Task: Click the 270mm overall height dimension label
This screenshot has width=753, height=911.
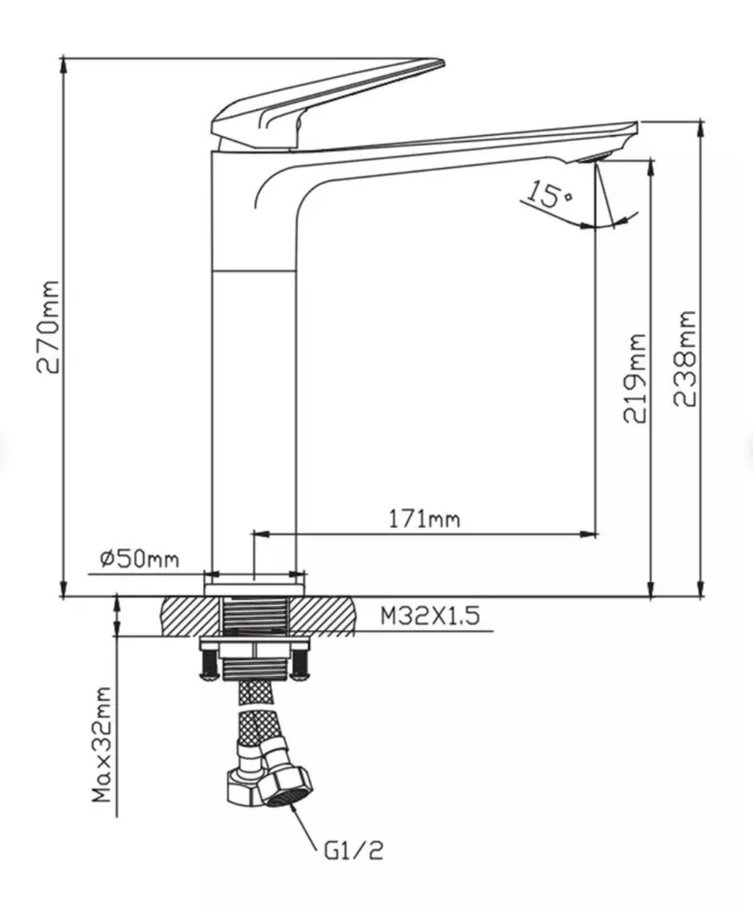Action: pyautogui.click(x=47, y=327)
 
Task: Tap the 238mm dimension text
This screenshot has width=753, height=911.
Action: pyautogui.click(x=684, y=359)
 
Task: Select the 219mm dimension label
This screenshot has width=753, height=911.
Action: pyautogui.click(x=633, y=378)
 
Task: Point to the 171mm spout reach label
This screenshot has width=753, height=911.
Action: pyautogui.click(x=424, y=520)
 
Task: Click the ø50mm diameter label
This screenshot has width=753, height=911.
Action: pyautogui.click(x=139, y=559)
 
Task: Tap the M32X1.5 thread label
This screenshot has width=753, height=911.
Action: pyautogui.click(x=430, y=615)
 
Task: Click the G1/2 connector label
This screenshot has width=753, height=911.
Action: pyautogui.click(x=353, y=850)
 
